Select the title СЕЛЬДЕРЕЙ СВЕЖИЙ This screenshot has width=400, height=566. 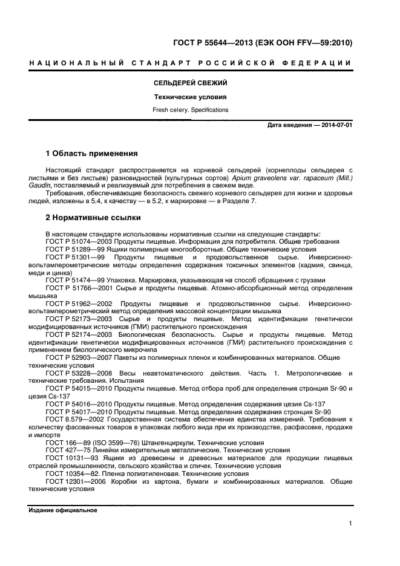pos(190,83)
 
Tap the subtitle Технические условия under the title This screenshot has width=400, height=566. pos(190,97)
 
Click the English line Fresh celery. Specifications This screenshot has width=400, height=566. pos(190,110)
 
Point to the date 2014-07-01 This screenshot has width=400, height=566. pos(336,125)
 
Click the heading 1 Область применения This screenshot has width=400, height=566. pos(92,154)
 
